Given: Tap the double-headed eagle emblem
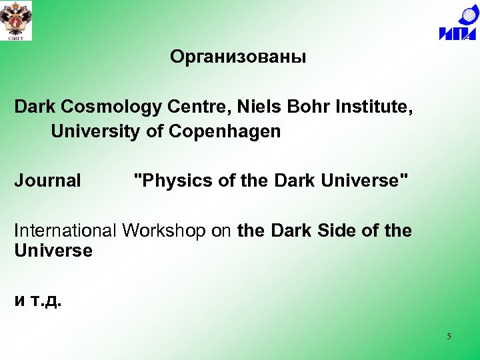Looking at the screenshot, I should click(x=16, y=20).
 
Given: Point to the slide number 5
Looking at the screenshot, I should click(x=449, y=337).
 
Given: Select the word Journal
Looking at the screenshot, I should click(x=47, y=181).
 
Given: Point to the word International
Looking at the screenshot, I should click(x=65, y=231).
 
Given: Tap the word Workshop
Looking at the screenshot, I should click(x=175, y=231).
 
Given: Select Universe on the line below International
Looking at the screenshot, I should click(x=53, y=251).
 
